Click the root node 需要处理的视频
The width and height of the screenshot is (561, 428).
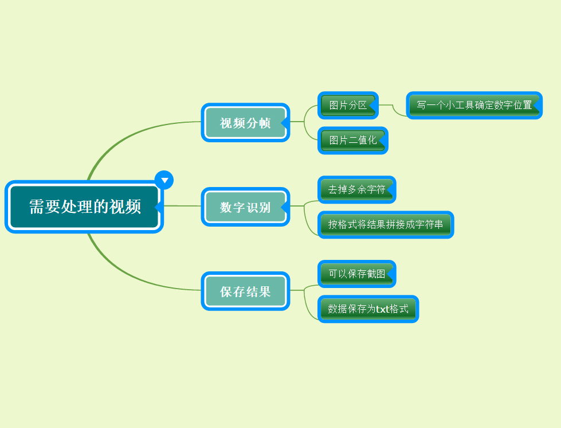(x=84, y=207)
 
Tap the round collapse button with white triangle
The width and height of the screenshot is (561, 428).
(x=164, y=180)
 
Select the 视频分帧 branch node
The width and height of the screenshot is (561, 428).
(x=245, y=123)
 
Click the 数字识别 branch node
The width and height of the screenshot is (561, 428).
(x=245, y=207)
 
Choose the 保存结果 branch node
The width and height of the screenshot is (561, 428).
(x=245, y=291)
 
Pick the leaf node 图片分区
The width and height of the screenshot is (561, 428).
(x=348, y=106)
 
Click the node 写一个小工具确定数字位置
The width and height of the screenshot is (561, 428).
(x=474, y=106)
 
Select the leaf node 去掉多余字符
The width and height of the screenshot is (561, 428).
(x=356, y=190)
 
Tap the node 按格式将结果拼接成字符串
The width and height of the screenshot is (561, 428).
(x=386, y=225)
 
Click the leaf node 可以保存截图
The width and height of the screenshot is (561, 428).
(x=356, y=274)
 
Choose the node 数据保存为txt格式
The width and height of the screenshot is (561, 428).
(x=368, y=309)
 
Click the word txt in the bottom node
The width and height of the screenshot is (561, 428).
(x=382, y=309)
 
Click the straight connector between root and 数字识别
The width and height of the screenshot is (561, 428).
(x=182, y=206)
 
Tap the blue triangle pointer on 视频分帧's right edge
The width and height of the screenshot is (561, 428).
(x=284, y=122)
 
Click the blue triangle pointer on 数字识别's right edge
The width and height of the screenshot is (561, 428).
(x=284, y=206)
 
